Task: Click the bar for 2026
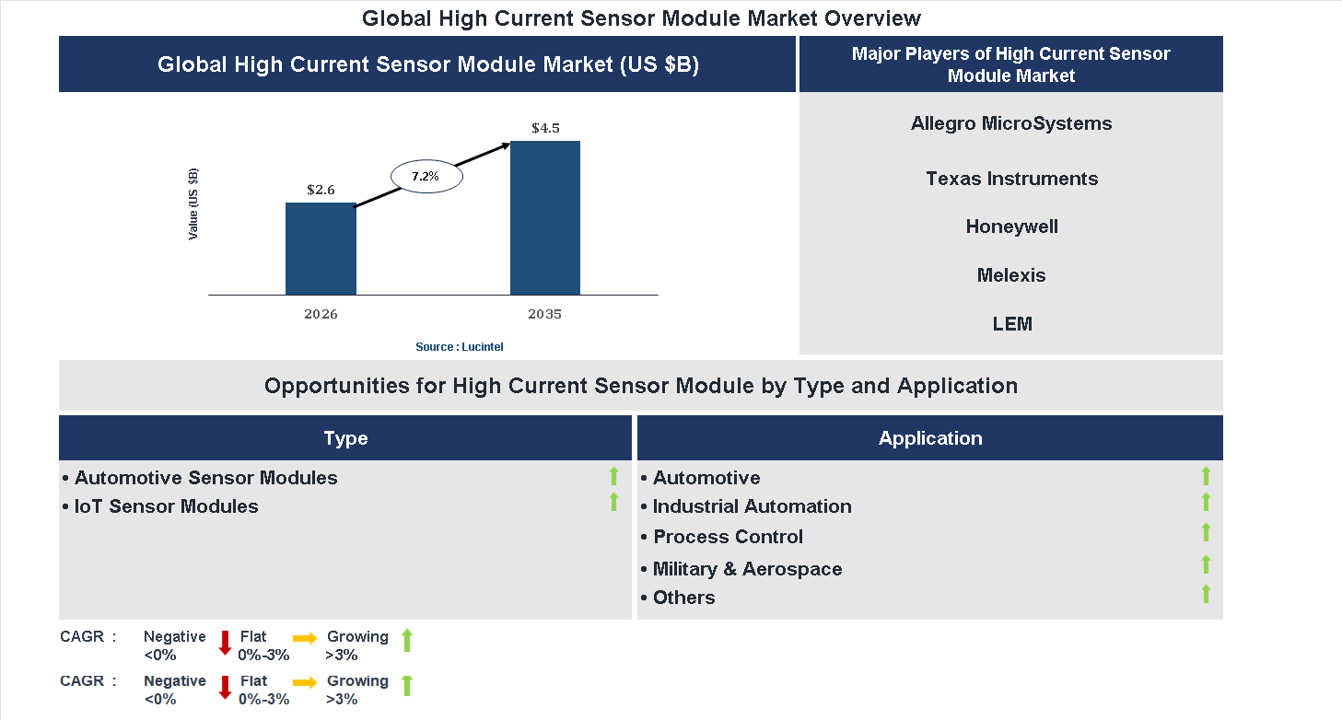[321, 249]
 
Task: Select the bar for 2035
[545, 218]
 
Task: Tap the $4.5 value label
[545, 128]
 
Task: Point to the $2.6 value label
[321, 190]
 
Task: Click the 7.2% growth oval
[426, 175]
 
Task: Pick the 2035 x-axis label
[544, 314]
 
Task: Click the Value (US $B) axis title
[193, 204]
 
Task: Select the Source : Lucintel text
[460, 346]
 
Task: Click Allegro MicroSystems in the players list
[1011, 123]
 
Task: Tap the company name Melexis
[1011, 275]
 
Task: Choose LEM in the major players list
[1011, 324]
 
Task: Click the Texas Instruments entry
[1011, 179]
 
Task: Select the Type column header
[345, 438]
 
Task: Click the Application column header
[930, 438]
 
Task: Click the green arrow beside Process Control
[1206, 532]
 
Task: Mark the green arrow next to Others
[1206, 594]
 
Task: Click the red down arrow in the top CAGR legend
[224, 643]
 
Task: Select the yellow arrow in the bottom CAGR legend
[305, 682]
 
